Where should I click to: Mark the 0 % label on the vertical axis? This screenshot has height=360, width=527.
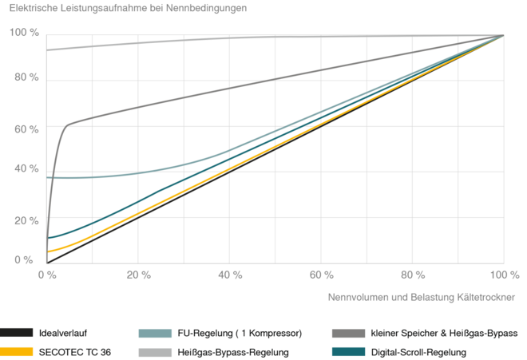[x=24, y=260]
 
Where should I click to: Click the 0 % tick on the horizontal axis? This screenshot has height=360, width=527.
[x=47, y=275]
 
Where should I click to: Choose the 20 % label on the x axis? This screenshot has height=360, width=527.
[x=139, y=275]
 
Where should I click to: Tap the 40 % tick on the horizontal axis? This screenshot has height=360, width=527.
[x=230, y=275]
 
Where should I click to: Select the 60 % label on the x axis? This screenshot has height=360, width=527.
[x=322, y=275]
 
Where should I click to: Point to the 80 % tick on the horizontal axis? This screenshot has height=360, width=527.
[x=413, y=275]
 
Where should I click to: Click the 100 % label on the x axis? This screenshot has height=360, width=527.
[x=503, y=275]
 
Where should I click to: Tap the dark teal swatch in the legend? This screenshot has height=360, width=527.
[x=350, y=351]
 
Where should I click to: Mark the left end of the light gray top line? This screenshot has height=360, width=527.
[x=49, y=50]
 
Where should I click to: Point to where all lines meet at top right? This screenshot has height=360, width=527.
[x=503, y=34]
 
